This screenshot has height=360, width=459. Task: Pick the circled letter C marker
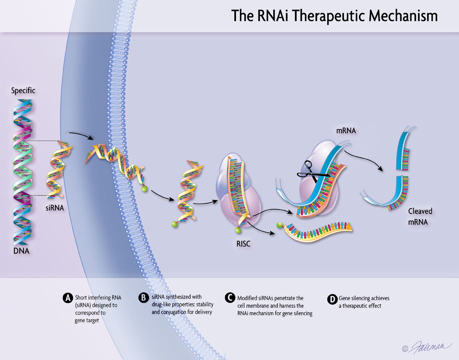[x=230, y=298]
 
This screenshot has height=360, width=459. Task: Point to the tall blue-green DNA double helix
[x=23, y=170]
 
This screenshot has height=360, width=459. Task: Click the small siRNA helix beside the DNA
[x=57, y=167]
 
